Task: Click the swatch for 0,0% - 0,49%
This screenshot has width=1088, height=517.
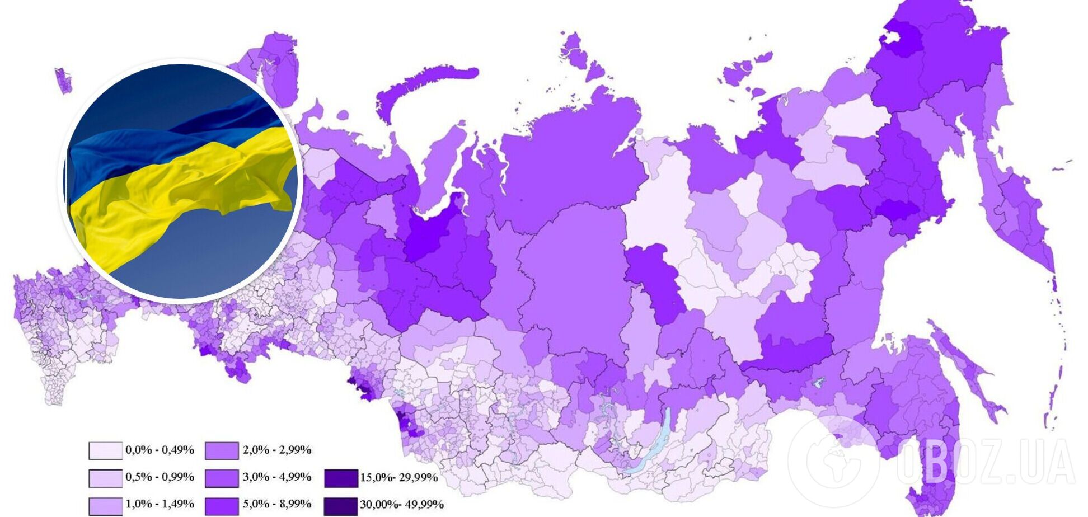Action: point(105,450)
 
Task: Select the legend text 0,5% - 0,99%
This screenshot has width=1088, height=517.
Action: point(160,477)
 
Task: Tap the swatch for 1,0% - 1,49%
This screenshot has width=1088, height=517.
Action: point(105,506)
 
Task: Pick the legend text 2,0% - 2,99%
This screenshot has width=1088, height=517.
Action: point(277,450)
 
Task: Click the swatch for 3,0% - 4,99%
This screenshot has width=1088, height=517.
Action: point(222,478)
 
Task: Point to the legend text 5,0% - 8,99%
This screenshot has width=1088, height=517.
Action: point(277,504)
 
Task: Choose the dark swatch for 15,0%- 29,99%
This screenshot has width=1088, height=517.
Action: point(340,478)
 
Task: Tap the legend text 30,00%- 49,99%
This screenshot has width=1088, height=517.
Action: point(401,505)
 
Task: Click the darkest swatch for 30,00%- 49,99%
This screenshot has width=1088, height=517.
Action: point(340,506)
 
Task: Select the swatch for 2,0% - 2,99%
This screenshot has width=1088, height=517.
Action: point(222,450)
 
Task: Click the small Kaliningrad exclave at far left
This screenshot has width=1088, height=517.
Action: point(63,80)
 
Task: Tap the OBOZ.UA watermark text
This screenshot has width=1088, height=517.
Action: point(985,462)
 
